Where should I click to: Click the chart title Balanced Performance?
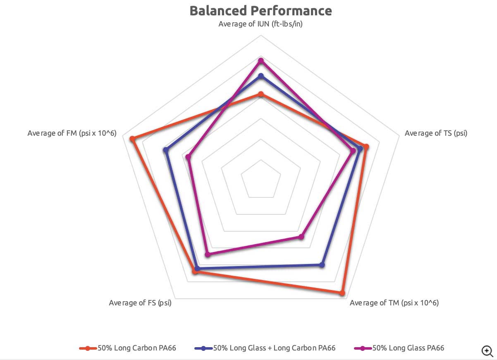point(260,11)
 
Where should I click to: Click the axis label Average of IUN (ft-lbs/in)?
point(260,24)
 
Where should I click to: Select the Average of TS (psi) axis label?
point(436,133)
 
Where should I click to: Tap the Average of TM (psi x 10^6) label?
point(394,303)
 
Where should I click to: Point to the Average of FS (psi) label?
point(140,303)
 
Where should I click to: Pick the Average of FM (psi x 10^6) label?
point(72,133)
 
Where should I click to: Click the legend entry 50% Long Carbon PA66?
point(128,348)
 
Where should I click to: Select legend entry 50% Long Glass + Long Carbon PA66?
point(265,348)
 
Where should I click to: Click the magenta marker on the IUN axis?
point(260,61)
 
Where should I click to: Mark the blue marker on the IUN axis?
point(260,76)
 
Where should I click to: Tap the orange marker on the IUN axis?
point(260,95)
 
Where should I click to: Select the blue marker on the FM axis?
point(166,150)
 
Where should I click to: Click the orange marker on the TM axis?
point(342,293)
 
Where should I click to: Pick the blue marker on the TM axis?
point(322,265)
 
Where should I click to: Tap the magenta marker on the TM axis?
point(301,237)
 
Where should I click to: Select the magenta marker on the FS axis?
point(208,254)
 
